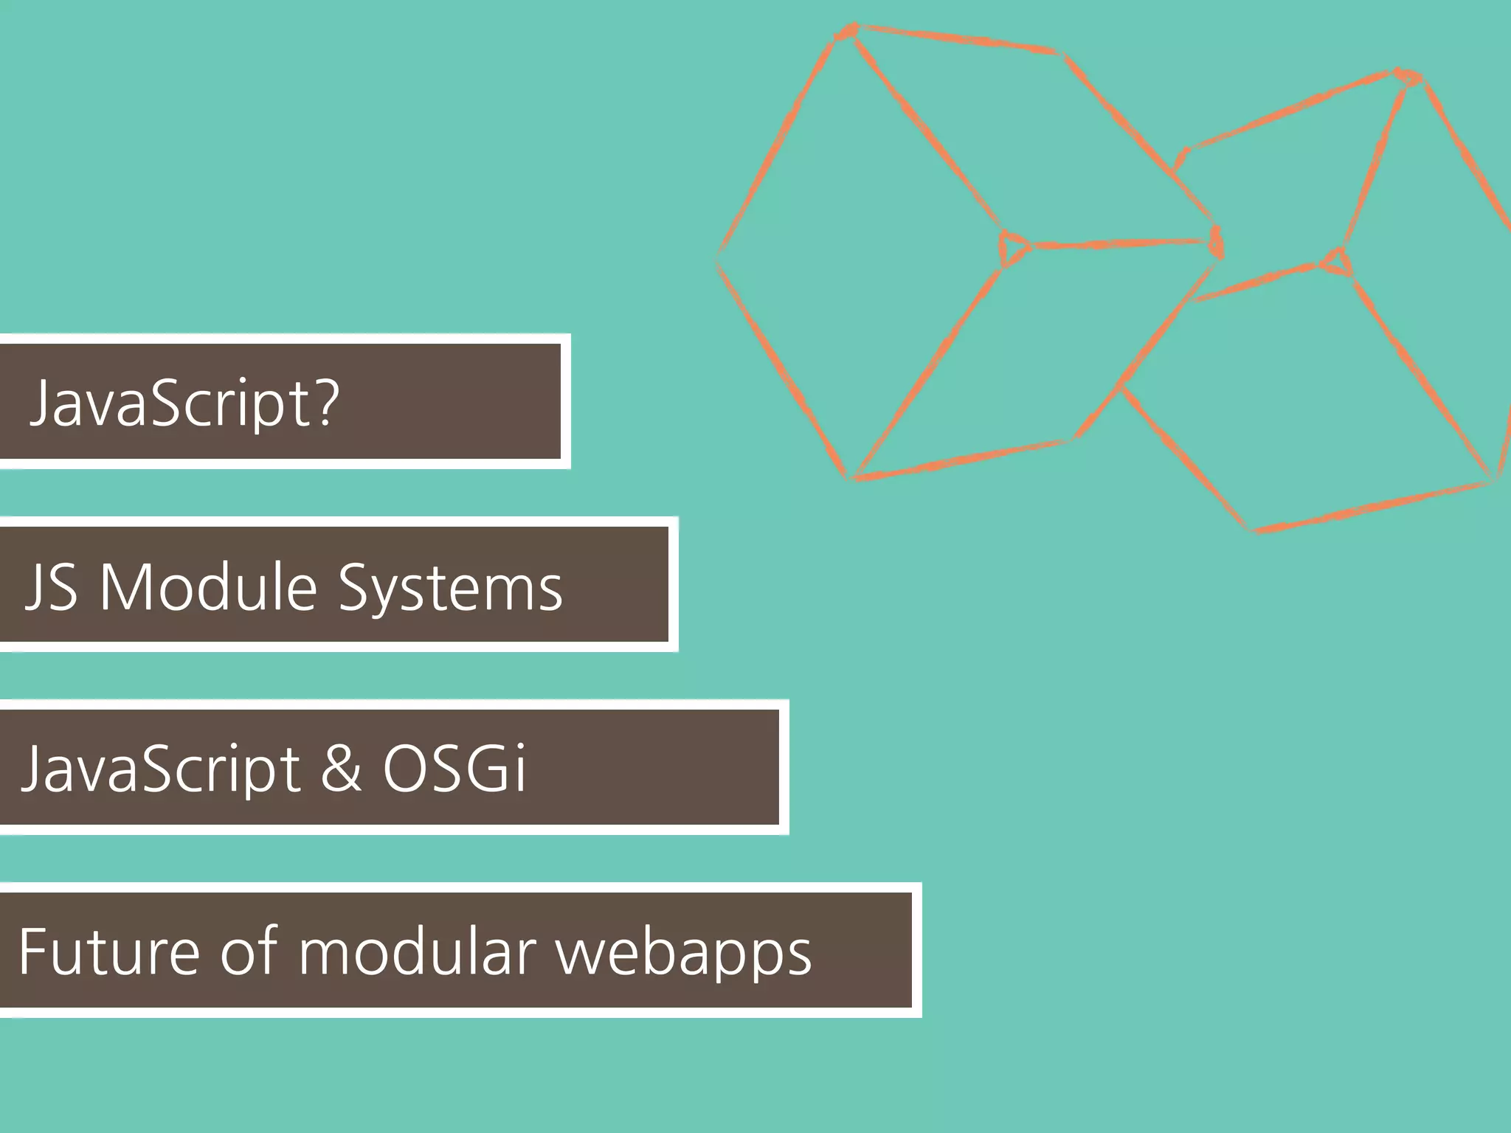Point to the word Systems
[450, 589]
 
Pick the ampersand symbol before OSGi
[341, 768]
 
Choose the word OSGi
[454, 768]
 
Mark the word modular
[417, 951]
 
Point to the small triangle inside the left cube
[1012, 246]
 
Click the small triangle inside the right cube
[1338, 262]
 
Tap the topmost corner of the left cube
[847, 31]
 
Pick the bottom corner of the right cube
[1254, 527]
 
